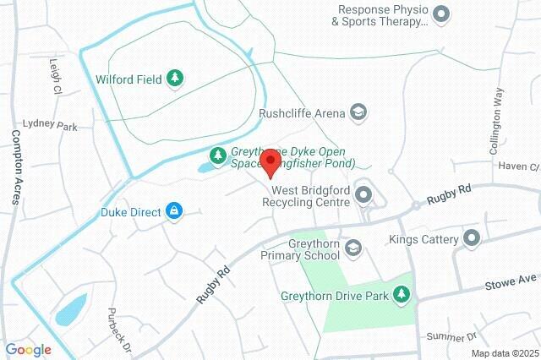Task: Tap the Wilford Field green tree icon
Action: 176,79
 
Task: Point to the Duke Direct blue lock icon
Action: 174,211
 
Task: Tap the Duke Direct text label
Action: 130,211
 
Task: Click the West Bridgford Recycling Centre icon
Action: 364,196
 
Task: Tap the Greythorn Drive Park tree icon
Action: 403,295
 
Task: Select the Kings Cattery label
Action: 423,240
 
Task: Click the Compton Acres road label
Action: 16,166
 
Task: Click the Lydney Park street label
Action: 50,124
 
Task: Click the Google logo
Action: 28,349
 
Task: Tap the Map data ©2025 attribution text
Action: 505,352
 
